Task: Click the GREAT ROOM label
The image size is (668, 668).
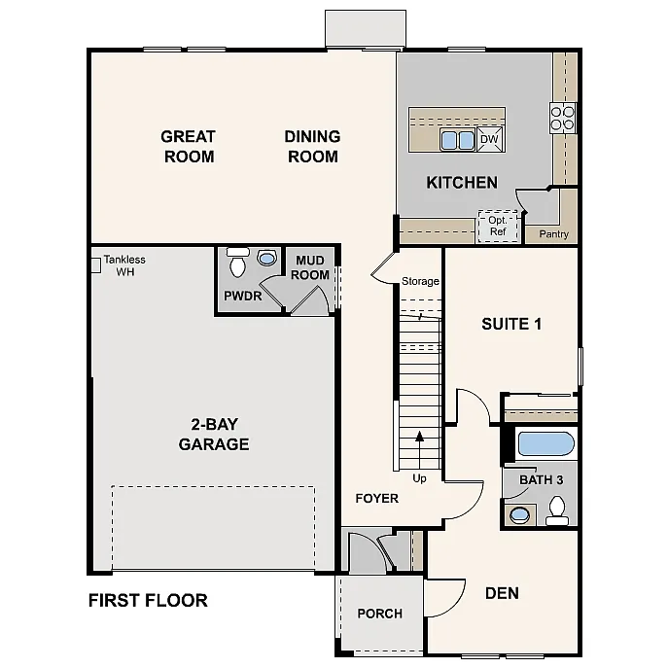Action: tap(188, 147)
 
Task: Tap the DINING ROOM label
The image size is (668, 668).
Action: tap(312, 147)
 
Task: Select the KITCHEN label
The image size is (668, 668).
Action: tap(462, 182)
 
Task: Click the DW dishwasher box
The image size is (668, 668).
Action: tap(490, 140)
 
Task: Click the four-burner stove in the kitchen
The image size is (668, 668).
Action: tap(563, 117)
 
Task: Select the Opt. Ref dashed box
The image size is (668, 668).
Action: tap(497, 226)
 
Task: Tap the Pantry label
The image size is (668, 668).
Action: tap(546, 234)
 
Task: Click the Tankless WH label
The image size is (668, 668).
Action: tap(124, 265)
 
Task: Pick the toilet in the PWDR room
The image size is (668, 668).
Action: tap(237, 264)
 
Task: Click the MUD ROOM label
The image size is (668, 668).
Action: tap(312, 267)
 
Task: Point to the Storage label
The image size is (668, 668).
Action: tap(420, 282)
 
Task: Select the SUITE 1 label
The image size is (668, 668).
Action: tap(510, 324)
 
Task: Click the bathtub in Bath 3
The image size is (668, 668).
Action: tap(545, 445)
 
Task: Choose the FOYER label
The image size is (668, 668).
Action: tap(376, 498)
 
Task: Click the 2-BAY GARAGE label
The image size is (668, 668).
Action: tap(214, 435)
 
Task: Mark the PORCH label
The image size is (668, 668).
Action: tap(379, 614)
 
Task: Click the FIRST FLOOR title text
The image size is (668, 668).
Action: tap(148, 600)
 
